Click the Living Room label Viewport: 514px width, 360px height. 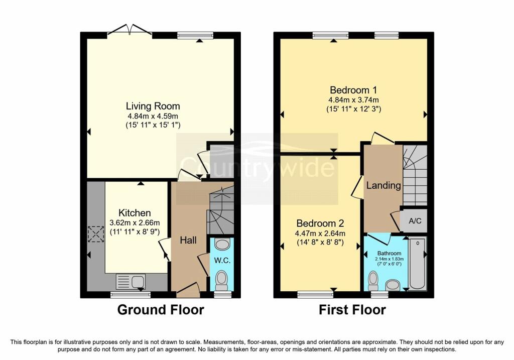click(x=153, y=106)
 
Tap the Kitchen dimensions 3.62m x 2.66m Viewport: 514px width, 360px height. click(x=135, y=223)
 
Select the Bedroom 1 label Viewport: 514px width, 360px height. click(x=353, y=90)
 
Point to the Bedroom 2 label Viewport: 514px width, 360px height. click(x=320, y=223)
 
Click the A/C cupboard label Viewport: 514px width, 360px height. click(x=415, y=220)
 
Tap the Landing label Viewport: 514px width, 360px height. click(x=383, y=185)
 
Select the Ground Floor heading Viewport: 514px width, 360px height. click(x=161, y=310)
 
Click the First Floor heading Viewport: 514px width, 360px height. click(x=352, y=310)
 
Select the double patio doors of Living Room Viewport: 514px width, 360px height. click(x=130, y=31)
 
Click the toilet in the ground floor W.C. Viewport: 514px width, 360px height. click(x=221, y=282)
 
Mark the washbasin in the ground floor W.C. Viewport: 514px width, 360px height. click(x=221, y=244)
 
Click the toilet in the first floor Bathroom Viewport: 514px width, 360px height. click(x=374, y=280)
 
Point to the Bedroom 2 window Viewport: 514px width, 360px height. click(x=315, y=295)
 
